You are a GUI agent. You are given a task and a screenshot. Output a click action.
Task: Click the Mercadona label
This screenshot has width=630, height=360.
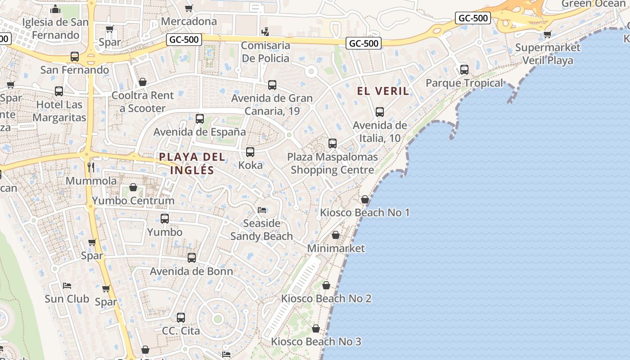(x=189, y=21)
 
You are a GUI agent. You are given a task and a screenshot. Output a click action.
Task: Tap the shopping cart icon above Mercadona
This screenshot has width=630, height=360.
(x=189, y=8)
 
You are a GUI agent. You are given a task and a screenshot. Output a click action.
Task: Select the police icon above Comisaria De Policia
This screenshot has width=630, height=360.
(x=265, y=32)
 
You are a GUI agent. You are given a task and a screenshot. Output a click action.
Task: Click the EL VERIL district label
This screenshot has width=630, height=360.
(x=383, y=91)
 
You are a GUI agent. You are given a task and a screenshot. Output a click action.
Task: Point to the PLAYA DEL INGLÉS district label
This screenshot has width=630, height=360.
(x=192, y=163)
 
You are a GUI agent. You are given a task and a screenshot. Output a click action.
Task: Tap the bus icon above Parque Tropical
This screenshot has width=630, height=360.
(x=464, y=70)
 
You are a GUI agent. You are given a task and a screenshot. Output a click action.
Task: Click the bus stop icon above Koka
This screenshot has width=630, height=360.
(x=250, y=152)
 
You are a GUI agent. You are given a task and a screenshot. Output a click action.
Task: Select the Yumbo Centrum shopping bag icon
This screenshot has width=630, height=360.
(x=133, y=187)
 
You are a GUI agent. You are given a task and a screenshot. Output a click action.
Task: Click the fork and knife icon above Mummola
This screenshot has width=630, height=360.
(x=91, y=167)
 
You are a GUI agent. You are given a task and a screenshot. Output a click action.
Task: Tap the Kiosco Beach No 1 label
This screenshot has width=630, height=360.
(x=364, y=212)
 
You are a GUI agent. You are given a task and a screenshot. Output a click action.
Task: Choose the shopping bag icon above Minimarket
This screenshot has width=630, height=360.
(x=336, y=235)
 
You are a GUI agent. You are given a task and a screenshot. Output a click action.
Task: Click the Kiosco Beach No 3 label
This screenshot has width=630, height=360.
(x=316, y=342)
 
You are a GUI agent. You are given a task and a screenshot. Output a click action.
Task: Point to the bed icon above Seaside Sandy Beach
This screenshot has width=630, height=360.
(x=261, y=210)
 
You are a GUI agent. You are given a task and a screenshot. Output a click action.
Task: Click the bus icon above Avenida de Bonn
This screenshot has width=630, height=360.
(x=192, y=258)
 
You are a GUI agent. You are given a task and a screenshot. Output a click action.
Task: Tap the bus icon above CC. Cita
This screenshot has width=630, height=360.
(x=181, y=317)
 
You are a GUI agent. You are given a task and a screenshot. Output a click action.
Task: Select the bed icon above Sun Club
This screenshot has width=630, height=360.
(x=67, y=285)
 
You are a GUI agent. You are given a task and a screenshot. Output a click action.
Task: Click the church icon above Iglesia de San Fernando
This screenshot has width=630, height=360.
(x=56, y=9)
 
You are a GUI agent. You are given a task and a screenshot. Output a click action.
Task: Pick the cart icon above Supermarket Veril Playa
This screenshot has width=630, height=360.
(x=547, y=34)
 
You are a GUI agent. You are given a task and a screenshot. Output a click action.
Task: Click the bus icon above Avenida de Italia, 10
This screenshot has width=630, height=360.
(x=380, y=112)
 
